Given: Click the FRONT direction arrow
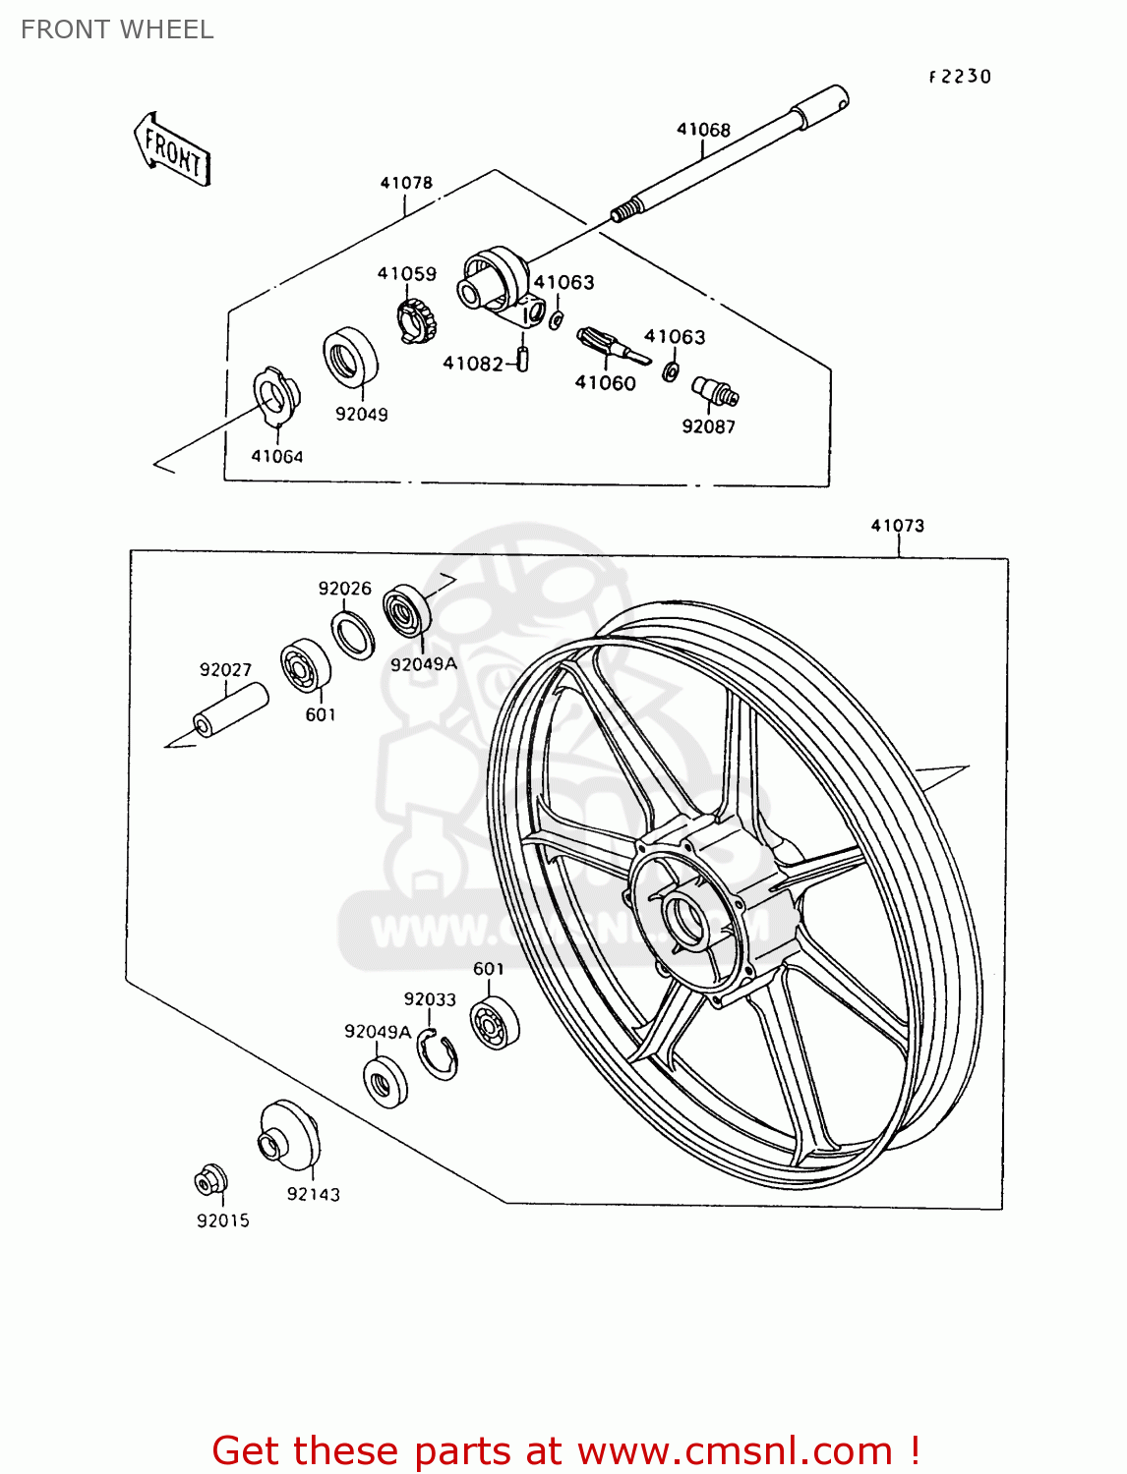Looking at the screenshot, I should coord(172,149).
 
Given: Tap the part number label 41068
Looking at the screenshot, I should coord(703,130).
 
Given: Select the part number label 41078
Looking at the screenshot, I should coord(406,183).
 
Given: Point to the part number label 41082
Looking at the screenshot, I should coord(472,364).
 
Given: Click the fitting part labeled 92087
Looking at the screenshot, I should coord(715,391).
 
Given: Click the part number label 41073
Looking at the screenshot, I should coord(897,526).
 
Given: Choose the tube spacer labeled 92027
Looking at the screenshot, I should coord(231,710).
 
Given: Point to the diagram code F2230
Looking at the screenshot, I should coord(960,77).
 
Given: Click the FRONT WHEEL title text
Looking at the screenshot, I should coord(117,29).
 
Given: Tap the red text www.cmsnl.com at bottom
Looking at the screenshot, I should coord(734,1450).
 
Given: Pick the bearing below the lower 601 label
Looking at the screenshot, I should coord(494,1023).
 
